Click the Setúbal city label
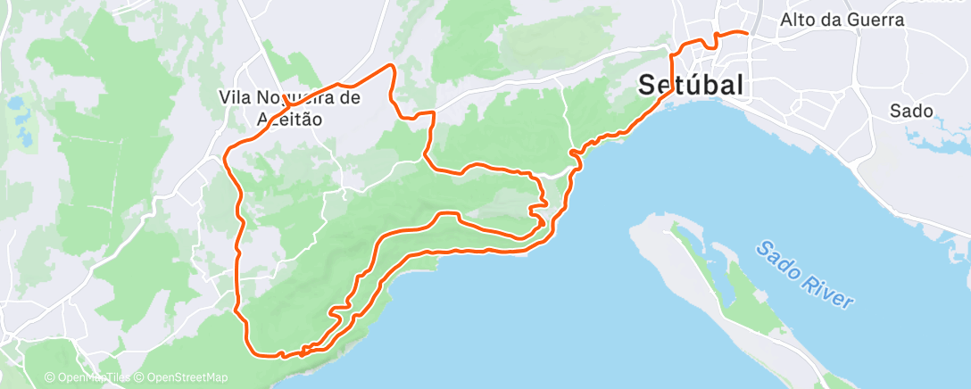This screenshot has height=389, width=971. click(692, 86)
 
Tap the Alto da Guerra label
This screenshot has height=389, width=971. click(842, 20)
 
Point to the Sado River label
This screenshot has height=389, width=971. click(802, 275)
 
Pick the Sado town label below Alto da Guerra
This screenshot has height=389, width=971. click(911, 112)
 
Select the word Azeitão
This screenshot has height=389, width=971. click(277, 118)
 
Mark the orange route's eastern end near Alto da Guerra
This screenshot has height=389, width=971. click(746, 33)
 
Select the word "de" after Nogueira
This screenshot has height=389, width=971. click(351, 97)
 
